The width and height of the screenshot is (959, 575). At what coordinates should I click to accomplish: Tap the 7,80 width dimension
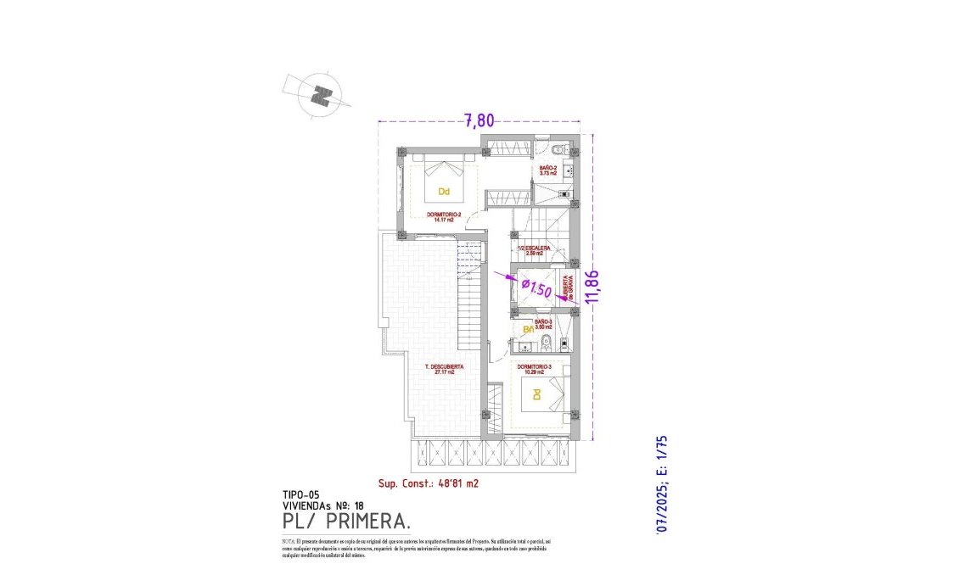pyautogui.click(x=479, y=120)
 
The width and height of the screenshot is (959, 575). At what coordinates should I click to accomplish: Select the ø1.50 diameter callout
pyautogui.click(x=536, y=287)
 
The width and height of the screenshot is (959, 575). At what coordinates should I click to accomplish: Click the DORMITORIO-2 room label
pyautogui.click(x=443, y=217)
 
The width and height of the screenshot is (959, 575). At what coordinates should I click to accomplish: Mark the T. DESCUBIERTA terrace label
pyautogui.click(x=444, y=369)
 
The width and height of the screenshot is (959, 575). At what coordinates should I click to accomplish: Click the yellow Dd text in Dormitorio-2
pyautogui.click(x=443, y=192)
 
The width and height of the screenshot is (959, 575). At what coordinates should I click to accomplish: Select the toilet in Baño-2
pyautogui.click(x=556, y=150)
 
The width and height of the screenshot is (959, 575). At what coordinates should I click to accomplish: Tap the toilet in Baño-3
pyautogui.click(x=547, y=343)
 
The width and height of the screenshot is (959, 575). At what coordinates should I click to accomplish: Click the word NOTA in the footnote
pyautogui.click(x=289, y=540)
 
